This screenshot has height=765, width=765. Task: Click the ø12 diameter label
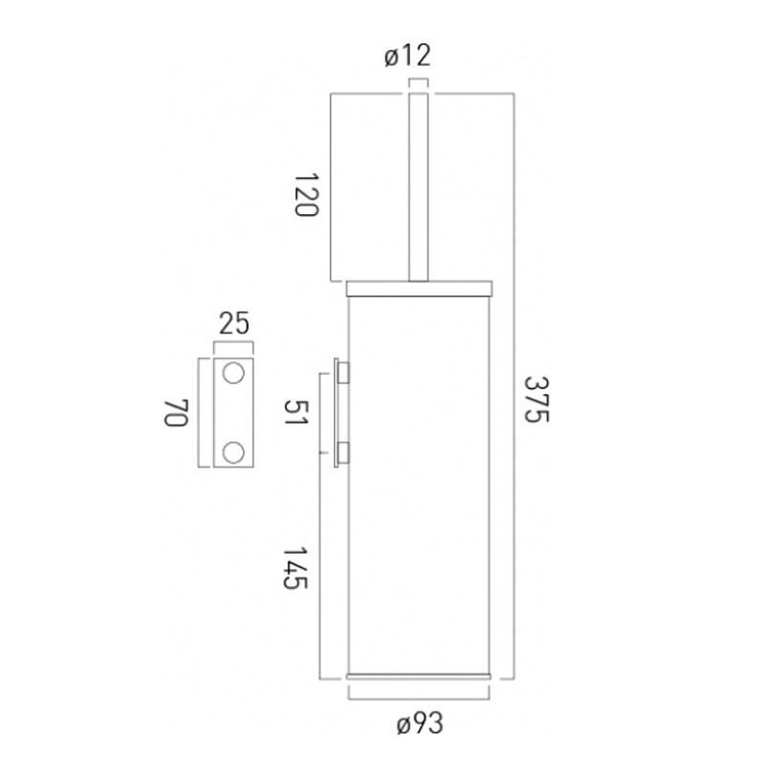(x=408, y=55)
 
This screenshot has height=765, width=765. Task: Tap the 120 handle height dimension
(x=307, y=194)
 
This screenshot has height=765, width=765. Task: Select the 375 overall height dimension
(x=536, y=400)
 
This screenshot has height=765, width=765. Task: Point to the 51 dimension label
(x=296, y=412)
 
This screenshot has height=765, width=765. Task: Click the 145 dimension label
(x=295, y=568)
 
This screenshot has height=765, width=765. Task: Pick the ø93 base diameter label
(x=420, y=723)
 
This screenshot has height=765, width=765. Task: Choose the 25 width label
(x=234, y=323)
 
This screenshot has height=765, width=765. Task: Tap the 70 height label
(x=176, y=413)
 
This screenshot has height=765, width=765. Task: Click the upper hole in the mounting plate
(x=233, y=373)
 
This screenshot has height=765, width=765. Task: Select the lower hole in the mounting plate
(x=233, y=452)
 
